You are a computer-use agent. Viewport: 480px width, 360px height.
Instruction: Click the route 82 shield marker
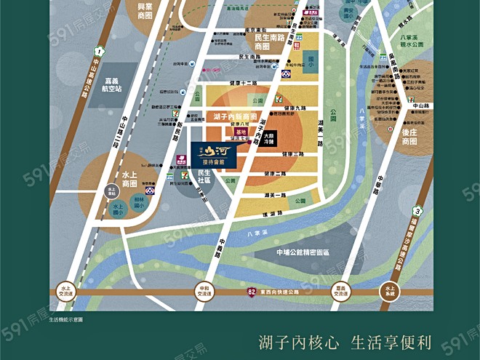[250, 291]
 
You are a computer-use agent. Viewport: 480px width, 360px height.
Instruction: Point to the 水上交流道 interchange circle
[68, 291]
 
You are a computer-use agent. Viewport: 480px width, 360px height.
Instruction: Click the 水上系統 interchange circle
[390, 291]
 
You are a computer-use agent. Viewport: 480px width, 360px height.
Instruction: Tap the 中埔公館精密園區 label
[303, 252]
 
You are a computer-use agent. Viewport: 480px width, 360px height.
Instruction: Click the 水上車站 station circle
[111, 190]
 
